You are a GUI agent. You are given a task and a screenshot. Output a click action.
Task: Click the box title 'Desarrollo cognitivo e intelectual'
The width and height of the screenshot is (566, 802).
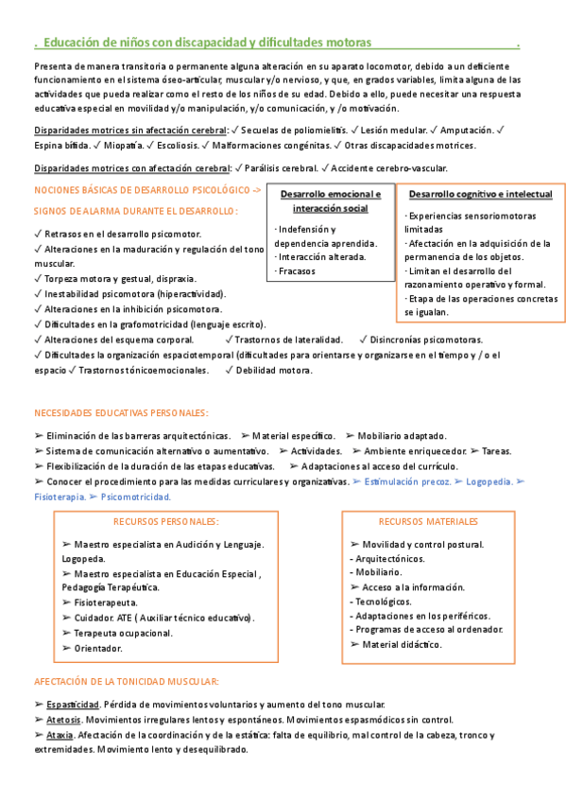[x=480, y=194]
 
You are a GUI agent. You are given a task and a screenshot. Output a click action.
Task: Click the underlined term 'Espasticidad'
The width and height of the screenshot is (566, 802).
[x=73, y=705]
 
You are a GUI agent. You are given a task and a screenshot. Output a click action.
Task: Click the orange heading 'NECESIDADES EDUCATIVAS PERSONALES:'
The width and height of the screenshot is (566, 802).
[x=121, y=412]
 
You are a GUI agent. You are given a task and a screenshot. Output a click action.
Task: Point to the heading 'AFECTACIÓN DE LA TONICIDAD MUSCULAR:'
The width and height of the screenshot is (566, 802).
[x=127, y=681]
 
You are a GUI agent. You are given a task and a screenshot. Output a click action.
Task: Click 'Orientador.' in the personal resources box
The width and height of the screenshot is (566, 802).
[x=97, y=648]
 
